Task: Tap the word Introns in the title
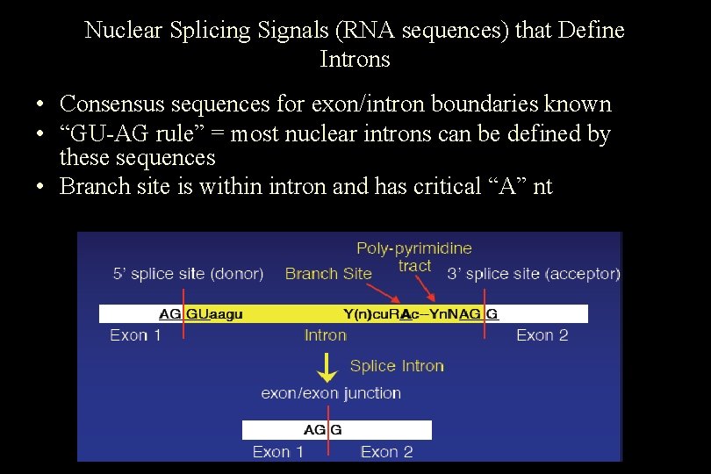[x=355, y=60]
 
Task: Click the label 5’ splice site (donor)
[x=188, y=274]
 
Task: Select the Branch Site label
[x=328, y=274]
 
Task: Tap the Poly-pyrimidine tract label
[x=414, y=256]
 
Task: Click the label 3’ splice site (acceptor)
[x=533, y=274]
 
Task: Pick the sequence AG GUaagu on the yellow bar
[x=201, y=313]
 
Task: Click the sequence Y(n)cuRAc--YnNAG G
[x=420, y=313]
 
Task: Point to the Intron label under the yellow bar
[x=325, y=335]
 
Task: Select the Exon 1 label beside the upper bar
[x=135, y=335]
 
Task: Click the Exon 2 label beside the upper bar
[x=542, y=335]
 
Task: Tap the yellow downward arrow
[x=327, y=367]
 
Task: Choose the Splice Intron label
[x=397, y=366]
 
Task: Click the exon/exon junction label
[x=331, y=393]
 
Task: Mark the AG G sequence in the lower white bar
[x=322, y=430]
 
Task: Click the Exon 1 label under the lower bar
[x=277, y=452]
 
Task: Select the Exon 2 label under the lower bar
[x=386, y=452]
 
